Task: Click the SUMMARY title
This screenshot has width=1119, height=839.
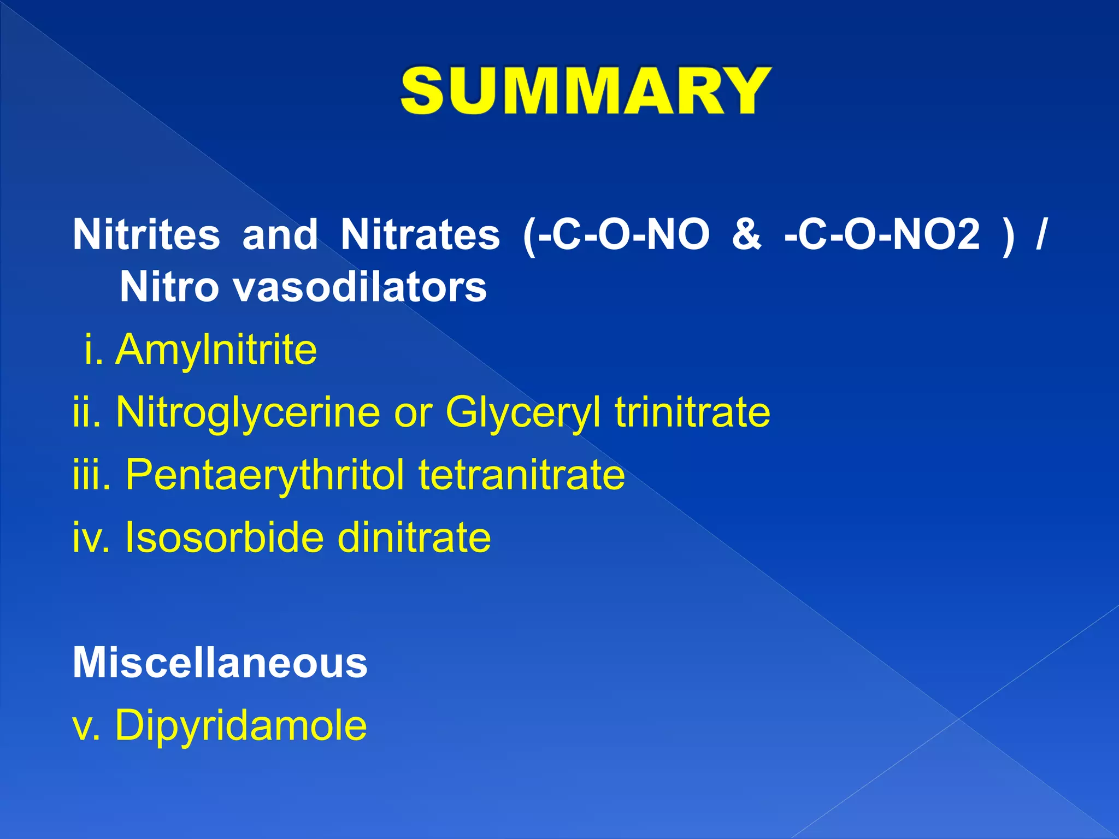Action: click(x=586, y=91)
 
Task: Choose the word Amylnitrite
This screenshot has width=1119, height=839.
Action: click(x=216, y=350)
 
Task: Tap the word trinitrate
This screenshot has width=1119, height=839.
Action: click(x=693, y=412)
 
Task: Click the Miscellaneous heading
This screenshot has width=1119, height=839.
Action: click(x=220, y=663)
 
